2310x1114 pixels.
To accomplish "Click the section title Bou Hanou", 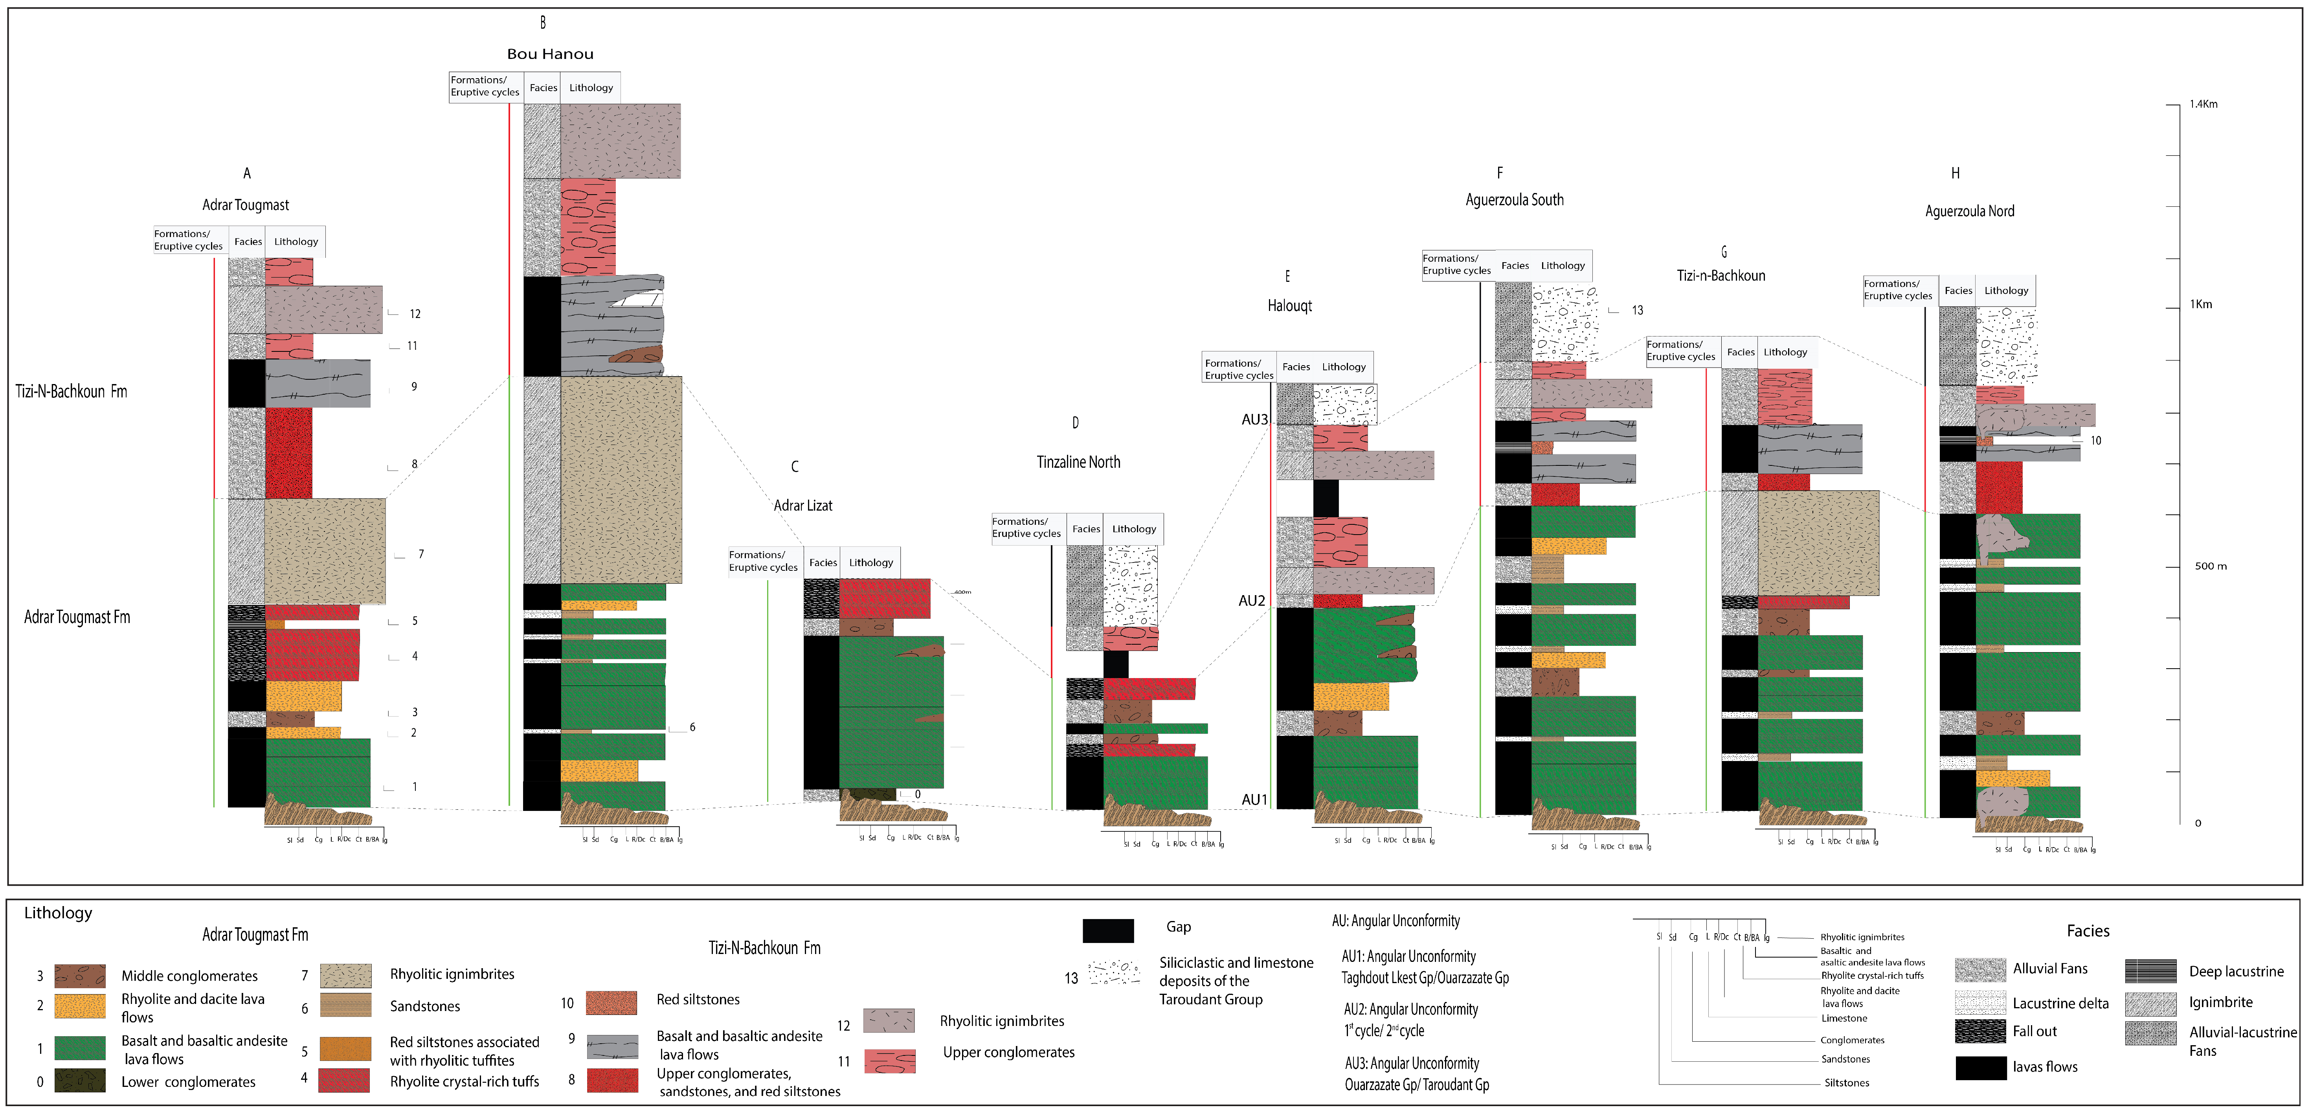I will (550, 54).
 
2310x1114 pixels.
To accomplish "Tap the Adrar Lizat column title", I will (802, 505).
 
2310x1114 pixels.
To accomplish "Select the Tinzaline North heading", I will (1078, 462).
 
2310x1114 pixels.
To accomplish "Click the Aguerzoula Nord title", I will (1969, 212).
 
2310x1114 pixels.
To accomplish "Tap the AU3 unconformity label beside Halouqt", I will (1254, 420).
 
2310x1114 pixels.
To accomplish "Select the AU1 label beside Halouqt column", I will (1254, 799).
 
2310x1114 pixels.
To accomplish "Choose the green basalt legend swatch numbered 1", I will (80, 1048).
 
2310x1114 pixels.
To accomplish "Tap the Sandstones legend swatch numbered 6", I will (345, 1005).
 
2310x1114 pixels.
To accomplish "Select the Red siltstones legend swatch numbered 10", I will (611, 1002).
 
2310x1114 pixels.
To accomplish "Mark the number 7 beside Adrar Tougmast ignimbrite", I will (421, 554).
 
